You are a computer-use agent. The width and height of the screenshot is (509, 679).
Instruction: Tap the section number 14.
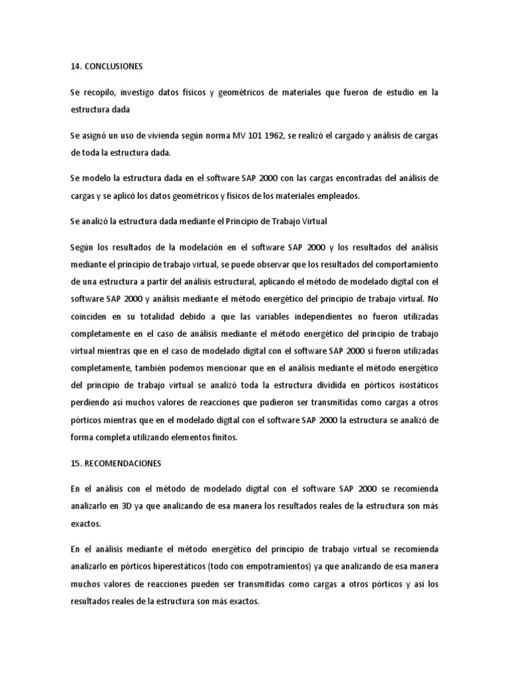click(76, 67)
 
